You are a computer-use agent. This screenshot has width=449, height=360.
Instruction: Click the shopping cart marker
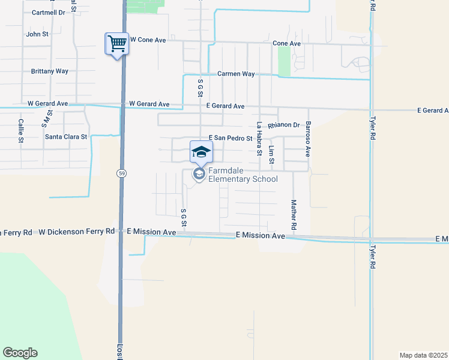pyautogui.click(x=117, y=44)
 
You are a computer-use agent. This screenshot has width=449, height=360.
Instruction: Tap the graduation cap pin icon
pyautogui.click(x=201, y=152)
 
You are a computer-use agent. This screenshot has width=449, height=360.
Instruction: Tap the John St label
pyautogui.click(x=37, y=34)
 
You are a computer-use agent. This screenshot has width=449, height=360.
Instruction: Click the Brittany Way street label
pyautogui.click(x=50, y=71)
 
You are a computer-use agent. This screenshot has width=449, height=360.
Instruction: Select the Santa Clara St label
pyautogui.click(x=66, y=137)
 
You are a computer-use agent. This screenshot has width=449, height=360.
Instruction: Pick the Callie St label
pyautogui.click(x=21, y=130)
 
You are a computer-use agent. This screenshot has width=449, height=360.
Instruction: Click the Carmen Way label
pyautogui.click(x=236, y=74)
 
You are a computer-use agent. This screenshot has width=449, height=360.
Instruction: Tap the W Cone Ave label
pyautogui.click(x=147, y=40)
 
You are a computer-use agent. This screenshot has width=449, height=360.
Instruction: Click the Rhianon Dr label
pyautogui.click(x=284, y=125)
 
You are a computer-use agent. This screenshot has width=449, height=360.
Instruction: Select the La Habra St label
pyautogui.click(x=259, y=139)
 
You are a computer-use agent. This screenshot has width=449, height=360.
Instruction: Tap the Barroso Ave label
pyautogui.click(x=308, y=139)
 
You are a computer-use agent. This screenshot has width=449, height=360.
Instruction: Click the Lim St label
pyautogui.click(x=272, y=155)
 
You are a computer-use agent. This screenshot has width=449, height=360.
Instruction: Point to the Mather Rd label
pyautogui.click(x=294, y=215)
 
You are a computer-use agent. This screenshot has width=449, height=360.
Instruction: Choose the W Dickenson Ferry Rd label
pyautogui.click(x=76, y=231)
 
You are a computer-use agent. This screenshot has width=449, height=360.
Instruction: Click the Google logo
pyautogui.click(x=20, y=353)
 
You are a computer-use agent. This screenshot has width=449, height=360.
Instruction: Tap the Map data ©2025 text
pyautogui.click(x=423, y=355)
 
